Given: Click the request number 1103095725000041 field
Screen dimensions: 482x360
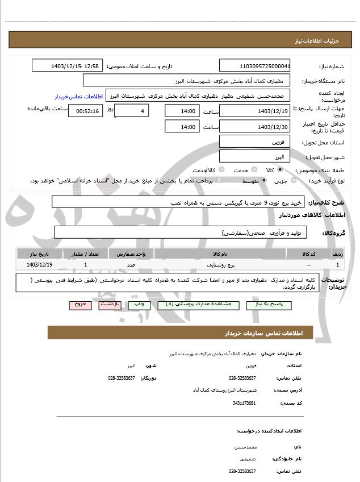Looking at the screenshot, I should tap(254, 66).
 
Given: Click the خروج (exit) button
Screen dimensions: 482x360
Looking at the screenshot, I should tap(80, 305).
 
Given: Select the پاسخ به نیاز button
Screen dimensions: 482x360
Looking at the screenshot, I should tap(269, 305).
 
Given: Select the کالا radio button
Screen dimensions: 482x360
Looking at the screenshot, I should tap(280, 170).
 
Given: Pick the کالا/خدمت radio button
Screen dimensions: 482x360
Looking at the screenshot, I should tap(221, 170).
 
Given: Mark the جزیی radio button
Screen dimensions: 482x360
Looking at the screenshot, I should tap(293, 181).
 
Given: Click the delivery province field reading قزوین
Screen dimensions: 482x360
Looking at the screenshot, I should tap(254, 142).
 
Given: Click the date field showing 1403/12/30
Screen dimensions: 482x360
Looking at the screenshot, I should tap(254, 127).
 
